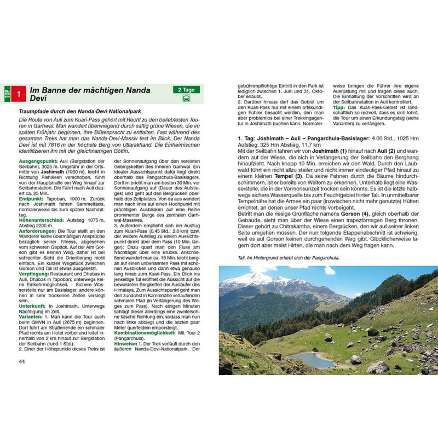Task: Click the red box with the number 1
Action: coord(20,94)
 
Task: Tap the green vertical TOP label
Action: coord(7,94)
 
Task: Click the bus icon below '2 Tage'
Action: coord(187,99)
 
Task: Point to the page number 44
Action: coord(22,361)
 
